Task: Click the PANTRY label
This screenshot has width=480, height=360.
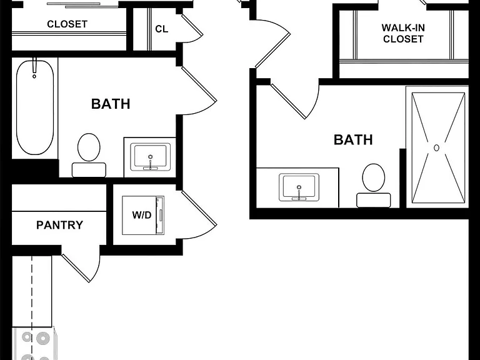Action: pos(60,225)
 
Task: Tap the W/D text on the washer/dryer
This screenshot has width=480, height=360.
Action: pos(142,215)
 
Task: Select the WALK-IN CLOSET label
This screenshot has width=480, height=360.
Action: pos(403,33)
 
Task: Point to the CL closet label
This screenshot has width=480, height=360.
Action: pos(162,29)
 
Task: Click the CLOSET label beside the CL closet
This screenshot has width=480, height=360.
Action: pos(67,24)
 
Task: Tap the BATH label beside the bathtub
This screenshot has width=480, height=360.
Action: pos(111,104)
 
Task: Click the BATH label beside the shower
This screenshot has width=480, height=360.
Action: pos(353,140)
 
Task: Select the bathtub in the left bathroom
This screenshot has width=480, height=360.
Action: pos(35,107)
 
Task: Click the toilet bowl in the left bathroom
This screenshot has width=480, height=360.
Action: pos(89,147)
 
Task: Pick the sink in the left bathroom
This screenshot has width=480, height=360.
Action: pos(150,157)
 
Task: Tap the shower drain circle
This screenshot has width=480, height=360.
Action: pos(436,148)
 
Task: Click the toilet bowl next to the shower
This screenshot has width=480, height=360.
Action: pos(374,177)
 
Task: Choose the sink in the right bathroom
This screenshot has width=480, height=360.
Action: pos(299,187)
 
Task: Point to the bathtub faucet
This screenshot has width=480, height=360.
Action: pos(34,67)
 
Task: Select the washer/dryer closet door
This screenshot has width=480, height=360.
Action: pos(199,214)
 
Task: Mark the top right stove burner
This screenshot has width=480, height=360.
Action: pos(43,338)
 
